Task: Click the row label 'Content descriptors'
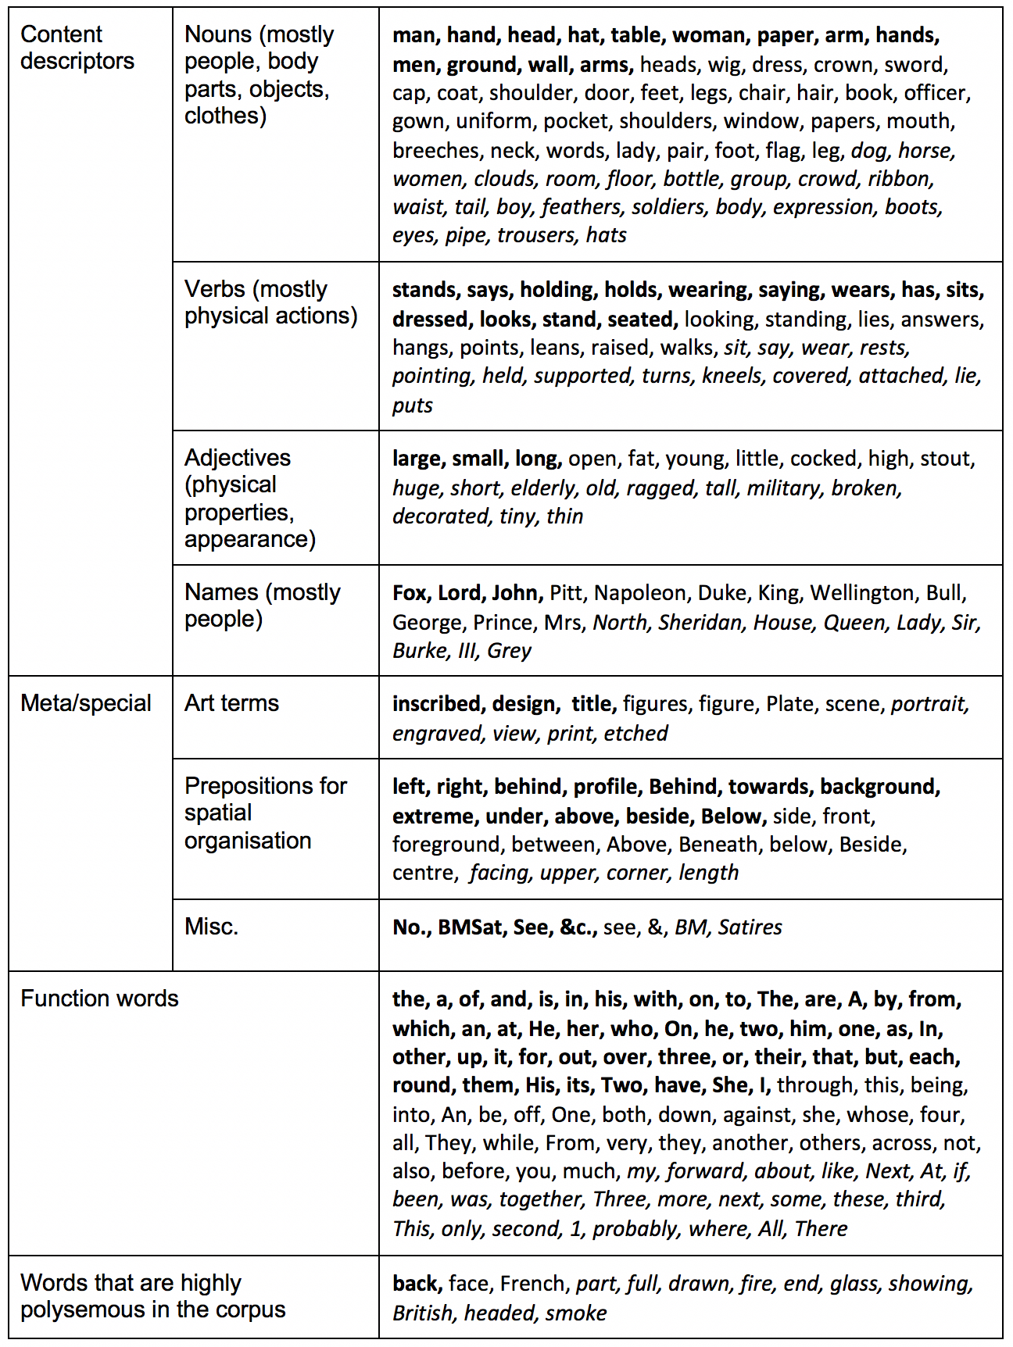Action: pos(77,48)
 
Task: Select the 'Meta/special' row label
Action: pos(86,703)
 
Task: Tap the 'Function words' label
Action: pos(99,999)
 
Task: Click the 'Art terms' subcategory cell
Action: pos(231,703)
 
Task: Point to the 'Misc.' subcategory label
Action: pos(211,927)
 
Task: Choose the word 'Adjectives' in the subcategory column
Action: pos(238,458)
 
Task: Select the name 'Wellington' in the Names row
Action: pos(861,593)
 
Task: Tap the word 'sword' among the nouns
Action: pos(915,65)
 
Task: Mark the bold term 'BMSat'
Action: pos(471,927)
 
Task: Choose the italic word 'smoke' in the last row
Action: pos(576,1313)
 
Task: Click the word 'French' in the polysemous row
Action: pos(533,1284)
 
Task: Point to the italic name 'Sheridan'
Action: pos(700,623)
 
